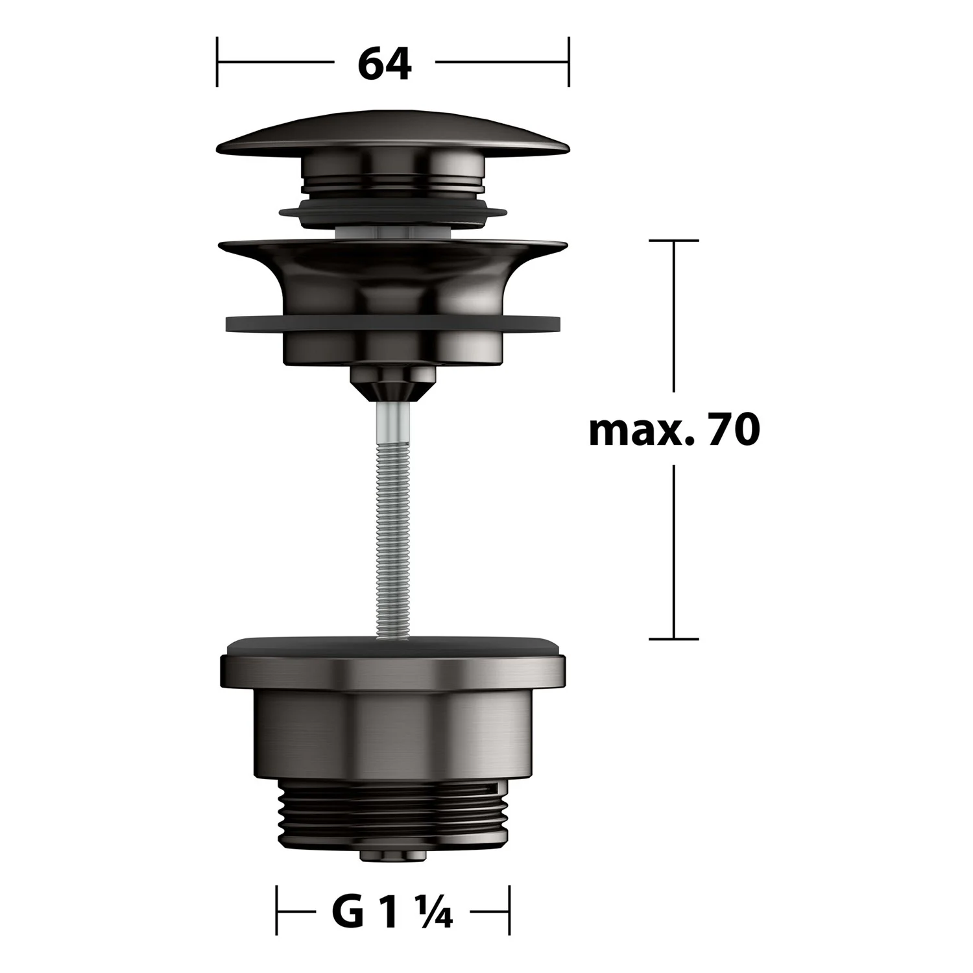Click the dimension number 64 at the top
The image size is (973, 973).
(384, 64)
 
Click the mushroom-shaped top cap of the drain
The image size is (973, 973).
(393, 132)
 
